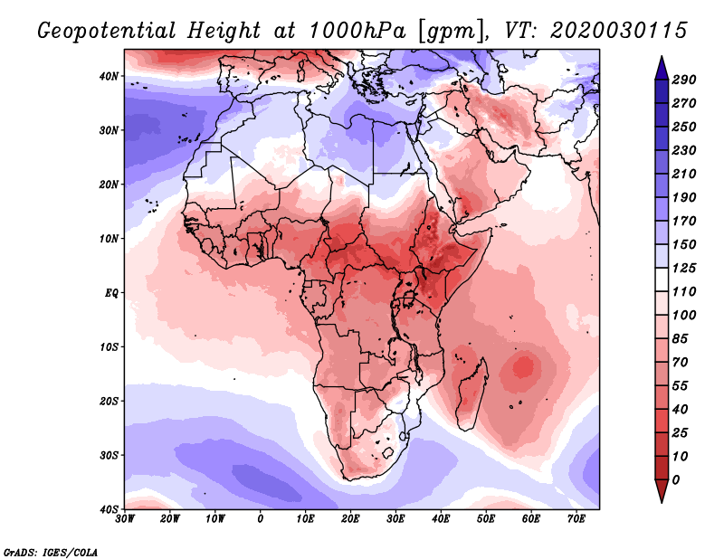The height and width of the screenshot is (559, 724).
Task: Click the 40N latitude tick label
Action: [109, 76]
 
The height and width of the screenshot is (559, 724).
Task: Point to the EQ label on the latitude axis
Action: [110, 293]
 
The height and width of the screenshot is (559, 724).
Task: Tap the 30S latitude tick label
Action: [109, 455]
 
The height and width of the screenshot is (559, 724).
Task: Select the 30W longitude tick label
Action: [126, 518]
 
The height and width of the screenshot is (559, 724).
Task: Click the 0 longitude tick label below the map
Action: [261, 518]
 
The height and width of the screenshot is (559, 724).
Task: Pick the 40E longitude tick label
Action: [442, 518]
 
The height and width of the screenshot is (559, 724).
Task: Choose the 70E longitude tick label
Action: [576, 518]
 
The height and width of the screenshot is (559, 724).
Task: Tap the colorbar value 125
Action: [683, 268]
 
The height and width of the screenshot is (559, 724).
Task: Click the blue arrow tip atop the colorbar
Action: [661, 64]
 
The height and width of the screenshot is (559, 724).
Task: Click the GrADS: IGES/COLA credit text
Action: [51, 551]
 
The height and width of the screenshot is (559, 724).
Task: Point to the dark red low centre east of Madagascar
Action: [523, 367]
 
